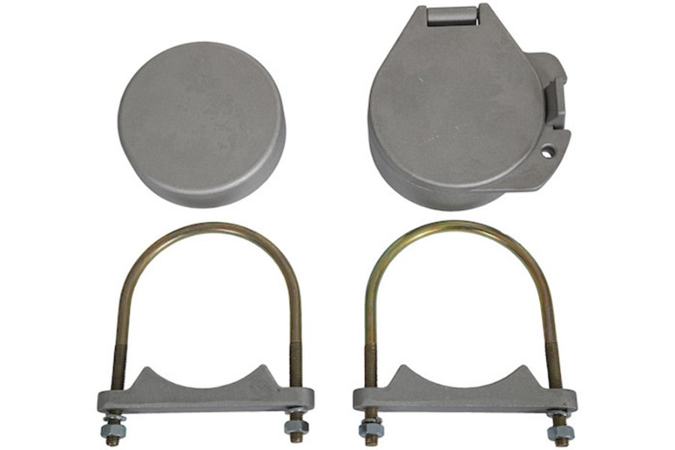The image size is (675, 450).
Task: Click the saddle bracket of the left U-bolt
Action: (202, 394)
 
